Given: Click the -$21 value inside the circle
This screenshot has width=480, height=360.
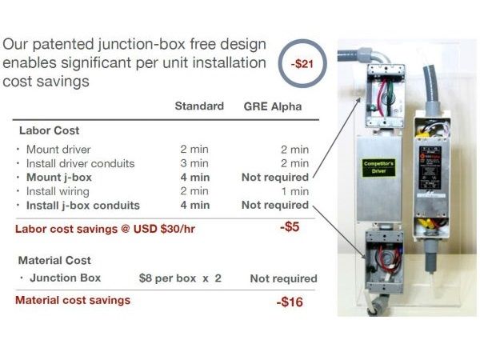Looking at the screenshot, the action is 302,64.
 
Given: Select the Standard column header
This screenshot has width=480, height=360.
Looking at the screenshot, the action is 199,106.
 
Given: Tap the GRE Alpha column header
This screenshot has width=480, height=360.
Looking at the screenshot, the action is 273,106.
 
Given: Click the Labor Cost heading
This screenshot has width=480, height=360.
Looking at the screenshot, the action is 50,130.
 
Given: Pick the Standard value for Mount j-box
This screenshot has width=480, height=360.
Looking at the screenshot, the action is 195,178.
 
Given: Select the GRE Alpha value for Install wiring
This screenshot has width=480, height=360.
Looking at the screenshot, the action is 294,191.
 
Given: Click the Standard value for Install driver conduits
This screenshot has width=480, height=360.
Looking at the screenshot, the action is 194,163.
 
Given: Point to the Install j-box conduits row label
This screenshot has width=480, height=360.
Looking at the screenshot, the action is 83,206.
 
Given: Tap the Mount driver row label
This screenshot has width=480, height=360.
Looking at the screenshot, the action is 58,150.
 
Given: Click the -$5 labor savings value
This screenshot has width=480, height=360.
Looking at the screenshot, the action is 290,227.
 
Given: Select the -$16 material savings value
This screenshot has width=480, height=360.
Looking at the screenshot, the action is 290,302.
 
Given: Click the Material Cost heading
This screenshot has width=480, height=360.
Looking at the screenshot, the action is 54,261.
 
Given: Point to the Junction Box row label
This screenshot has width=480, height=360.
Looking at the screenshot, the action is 66,278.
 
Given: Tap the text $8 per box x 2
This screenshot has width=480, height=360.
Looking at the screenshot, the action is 180,278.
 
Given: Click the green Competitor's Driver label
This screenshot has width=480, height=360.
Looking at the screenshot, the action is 378,167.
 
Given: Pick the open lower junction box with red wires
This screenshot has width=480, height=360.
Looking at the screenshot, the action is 385,262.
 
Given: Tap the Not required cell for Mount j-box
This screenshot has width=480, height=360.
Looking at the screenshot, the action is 275,178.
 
